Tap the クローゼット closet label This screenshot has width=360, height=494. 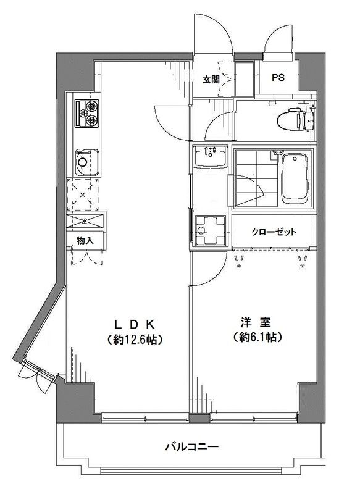pos(274,232)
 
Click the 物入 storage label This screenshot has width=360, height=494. pos(85,241)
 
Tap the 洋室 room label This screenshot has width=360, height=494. pos(253,322)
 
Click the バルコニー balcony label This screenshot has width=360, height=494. pos(191,446)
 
